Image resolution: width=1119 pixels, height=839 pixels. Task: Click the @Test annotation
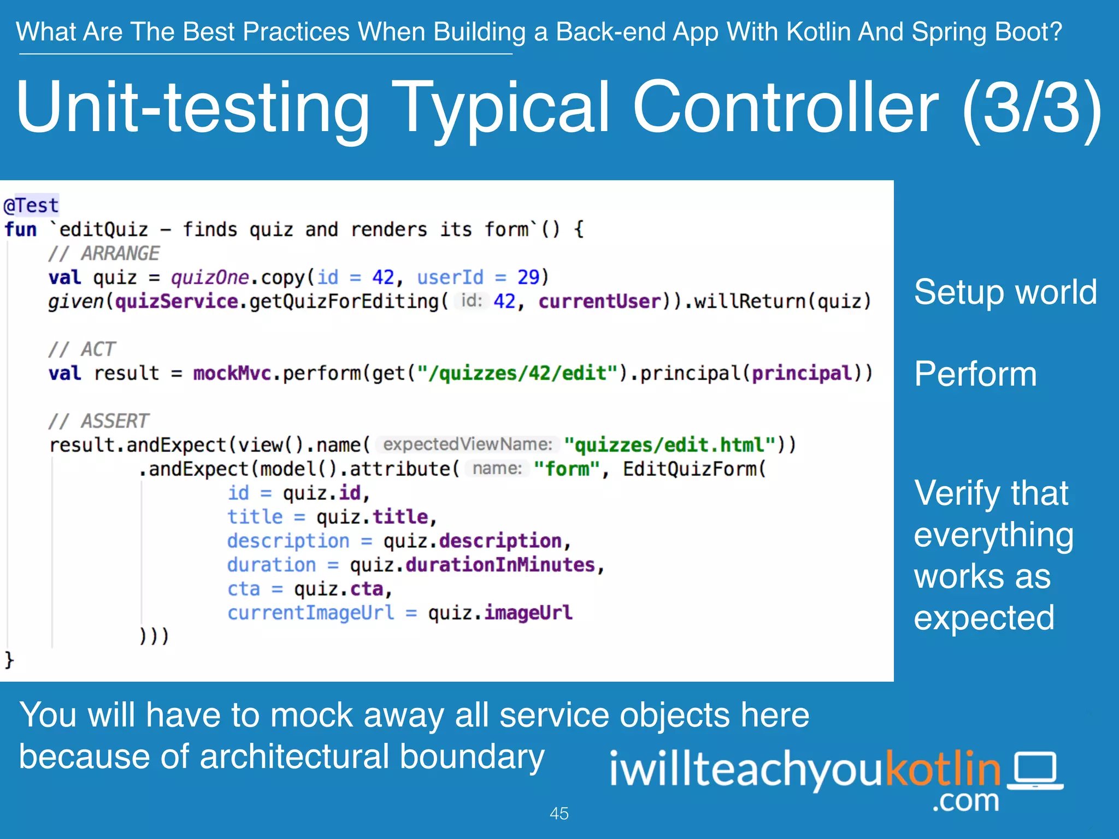(x=31, y=206)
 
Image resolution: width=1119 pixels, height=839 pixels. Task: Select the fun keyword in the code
(x=20, y=229)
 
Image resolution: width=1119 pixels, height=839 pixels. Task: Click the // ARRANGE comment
(x=104, y=253)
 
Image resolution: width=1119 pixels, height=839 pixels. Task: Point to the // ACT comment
(x=82, y=349)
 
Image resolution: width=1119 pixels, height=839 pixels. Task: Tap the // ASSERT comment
(x=98, y=421)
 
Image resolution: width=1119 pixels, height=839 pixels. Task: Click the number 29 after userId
(x=528, y=277)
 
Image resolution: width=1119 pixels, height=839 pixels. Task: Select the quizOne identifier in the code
(x=210, y=277)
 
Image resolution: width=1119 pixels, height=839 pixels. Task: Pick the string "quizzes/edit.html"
(x=670, y=445)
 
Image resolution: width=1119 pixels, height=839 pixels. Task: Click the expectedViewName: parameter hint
(x=468, y=445)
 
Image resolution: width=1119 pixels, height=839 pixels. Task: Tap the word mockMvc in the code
(x=232, y=373)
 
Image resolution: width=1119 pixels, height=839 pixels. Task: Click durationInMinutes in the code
(x=500, y=565)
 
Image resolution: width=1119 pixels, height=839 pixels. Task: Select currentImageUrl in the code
(x=310, y=613)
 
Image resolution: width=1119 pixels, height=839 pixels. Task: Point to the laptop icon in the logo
(x=1035, y=771)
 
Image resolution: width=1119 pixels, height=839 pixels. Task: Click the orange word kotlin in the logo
(x=943, y=769)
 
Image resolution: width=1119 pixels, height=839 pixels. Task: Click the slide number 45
(x=559, y=813)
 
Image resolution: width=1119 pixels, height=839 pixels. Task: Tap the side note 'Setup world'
(x=1005, y=292)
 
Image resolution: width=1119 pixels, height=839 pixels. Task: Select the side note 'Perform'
(x=975, y=374)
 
